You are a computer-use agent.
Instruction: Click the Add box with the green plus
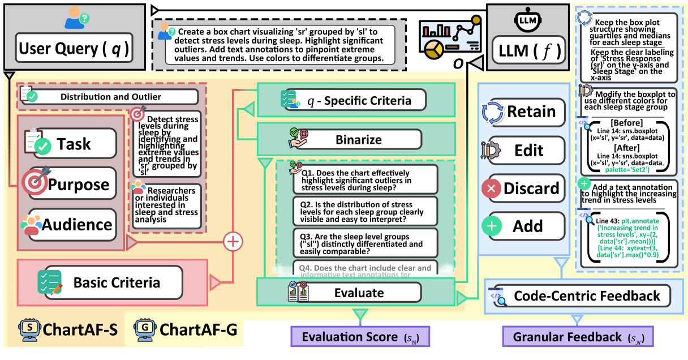(x=524, y=226)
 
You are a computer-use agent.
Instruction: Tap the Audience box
(x=73, y=225)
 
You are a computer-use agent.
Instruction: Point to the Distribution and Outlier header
(x=111, y=97)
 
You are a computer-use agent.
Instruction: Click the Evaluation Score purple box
(x=360, y=336)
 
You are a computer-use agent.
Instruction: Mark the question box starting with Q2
(x=365, y=211)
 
